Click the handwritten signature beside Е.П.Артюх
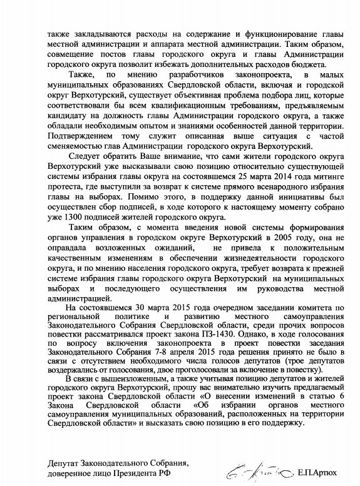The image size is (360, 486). click(x=259, y=466)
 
